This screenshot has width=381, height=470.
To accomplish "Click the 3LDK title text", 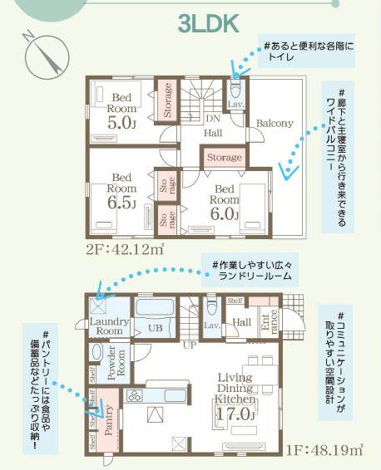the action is coord(208,23).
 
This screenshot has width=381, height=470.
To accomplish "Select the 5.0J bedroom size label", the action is coord(121,123).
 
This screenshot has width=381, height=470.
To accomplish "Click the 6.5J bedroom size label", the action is coord(121,203).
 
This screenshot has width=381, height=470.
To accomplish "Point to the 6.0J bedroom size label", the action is coord(225,213).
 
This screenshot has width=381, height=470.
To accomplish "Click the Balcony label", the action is coord(275,123).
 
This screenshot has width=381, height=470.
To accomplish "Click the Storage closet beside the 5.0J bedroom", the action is coord(167,100).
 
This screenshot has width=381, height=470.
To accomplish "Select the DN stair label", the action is coord(213,119).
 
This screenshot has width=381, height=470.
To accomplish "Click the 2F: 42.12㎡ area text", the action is coord(125,249).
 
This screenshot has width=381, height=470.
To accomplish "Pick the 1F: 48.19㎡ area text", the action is coord(324,449).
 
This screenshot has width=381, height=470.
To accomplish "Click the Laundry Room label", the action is coord(109,326).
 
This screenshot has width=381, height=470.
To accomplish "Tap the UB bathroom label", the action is coord(156,328).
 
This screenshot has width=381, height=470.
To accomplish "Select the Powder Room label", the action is coord(116,363).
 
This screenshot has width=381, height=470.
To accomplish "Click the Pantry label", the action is coord(108,419).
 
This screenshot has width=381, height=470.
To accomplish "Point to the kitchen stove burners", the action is coord(134,395).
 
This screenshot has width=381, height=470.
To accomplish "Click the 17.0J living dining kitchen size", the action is coord(235,414).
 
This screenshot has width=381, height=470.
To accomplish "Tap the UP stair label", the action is coord(190,345).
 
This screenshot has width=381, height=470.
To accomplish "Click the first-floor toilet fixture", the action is coord(211,306).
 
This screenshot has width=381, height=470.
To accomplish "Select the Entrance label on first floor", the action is coord(270,321).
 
